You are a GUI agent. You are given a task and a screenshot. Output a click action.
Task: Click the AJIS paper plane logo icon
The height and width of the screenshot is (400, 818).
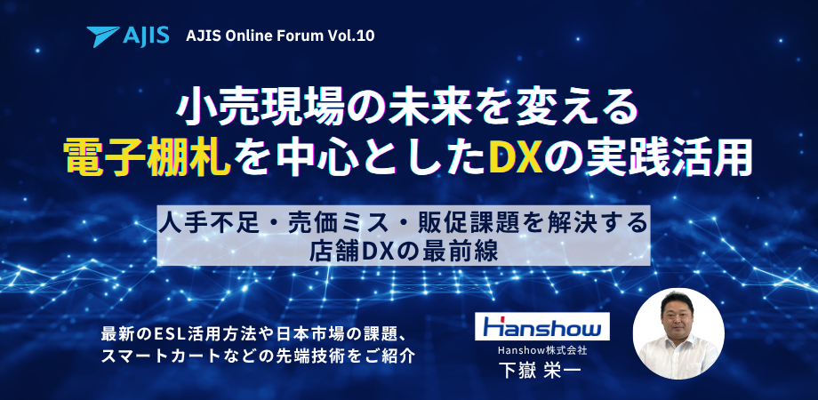(104, 36)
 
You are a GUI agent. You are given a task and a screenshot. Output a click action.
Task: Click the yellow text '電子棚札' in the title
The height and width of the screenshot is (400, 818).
(147, 158)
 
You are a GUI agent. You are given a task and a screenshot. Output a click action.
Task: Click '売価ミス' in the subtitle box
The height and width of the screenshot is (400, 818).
(338, 220)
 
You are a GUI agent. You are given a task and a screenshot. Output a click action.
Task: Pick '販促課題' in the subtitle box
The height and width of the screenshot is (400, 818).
(470, 220)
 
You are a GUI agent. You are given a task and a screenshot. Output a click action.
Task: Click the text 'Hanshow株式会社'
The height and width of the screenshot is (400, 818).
(542, 350)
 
